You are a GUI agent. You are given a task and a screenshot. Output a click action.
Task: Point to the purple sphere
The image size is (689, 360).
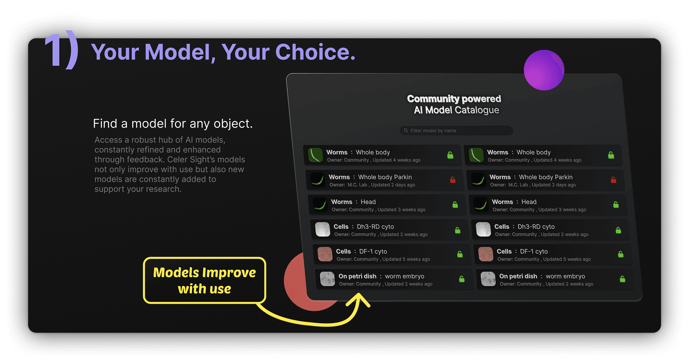[544, 70]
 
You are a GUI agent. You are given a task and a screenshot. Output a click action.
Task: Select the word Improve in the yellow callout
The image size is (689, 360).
[229, 273]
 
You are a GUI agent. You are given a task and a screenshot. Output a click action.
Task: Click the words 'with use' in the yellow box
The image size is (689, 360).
[204, 289]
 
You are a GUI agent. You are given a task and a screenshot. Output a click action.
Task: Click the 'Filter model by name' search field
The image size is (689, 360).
[456, 131]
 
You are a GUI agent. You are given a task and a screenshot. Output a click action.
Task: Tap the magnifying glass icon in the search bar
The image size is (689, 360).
[406, 131]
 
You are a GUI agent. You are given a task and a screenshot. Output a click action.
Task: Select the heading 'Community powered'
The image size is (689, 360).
[454, 99]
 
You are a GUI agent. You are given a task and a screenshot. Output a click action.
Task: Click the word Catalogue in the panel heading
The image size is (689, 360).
[477, 110]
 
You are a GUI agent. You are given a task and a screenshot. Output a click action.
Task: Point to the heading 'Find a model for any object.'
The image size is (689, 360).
[173, 123]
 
